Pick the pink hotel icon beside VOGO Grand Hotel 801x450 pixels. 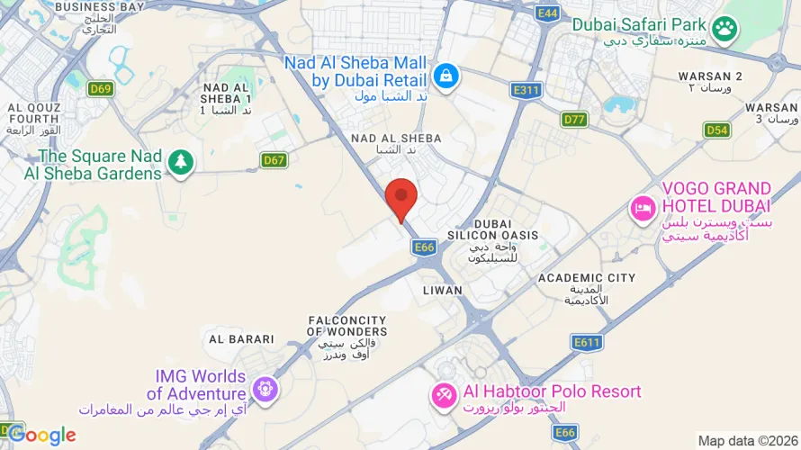(x=643, y=210)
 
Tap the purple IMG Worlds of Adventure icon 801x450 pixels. (x=265, y=390)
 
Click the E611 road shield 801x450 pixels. (x=586, y=342)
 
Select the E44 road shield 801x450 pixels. (x=546, y=13)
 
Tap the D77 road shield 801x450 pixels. (x=574, y=119)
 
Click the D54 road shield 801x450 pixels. (x=716, y=130)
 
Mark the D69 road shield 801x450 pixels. (x=101, y=88)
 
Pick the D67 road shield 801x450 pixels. (x=274, y=160)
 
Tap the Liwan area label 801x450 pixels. (x=442, y=291)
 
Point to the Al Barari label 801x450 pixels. (x=241, y=339)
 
